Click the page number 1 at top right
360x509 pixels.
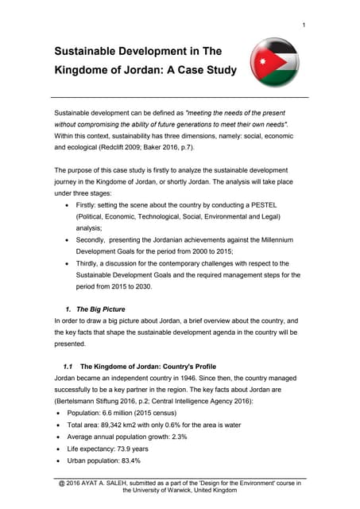coord(304,26)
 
